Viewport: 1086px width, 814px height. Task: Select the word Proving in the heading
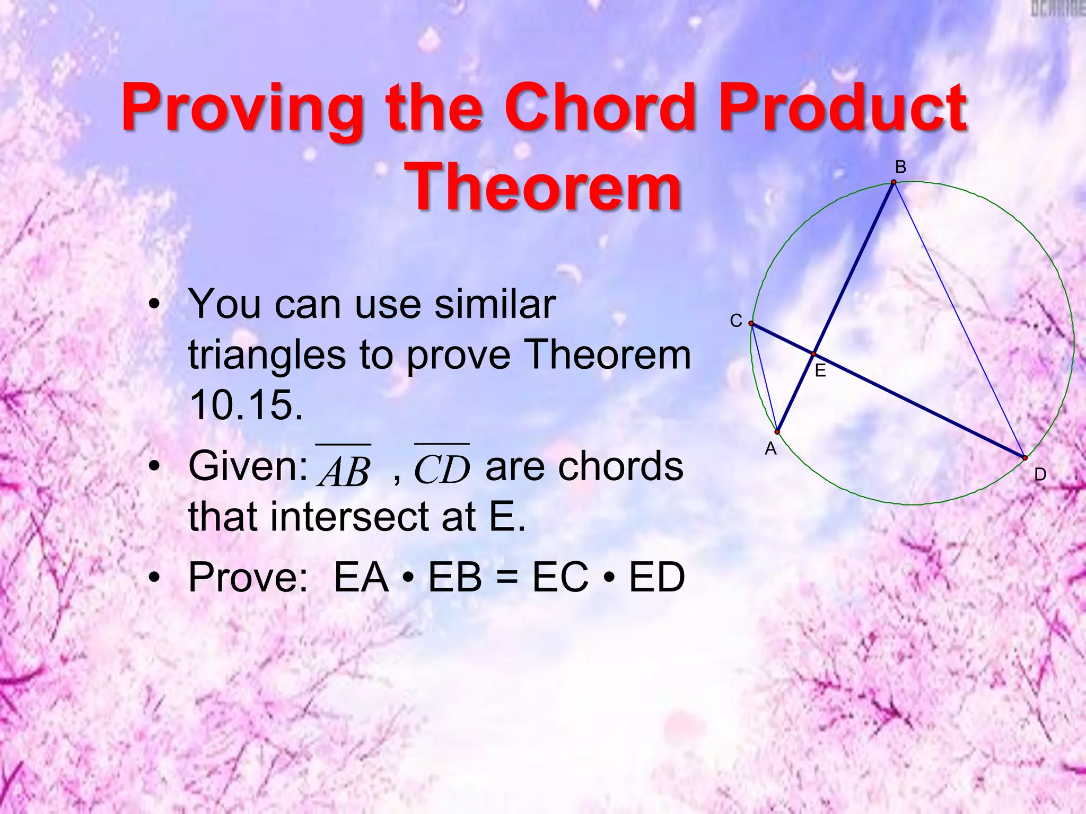[242, 109]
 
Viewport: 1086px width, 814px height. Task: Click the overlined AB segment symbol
[344, 467]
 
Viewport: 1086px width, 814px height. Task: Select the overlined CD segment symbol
[442, 467]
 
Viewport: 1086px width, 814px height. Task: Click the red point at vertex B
[894, 182]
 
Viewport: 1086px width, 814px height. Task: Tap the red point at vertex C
[751, 323]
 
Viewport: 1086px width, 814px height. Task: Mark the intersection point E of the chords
[813, 353]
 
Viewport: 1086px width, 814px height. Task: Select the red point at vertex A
[777, 432]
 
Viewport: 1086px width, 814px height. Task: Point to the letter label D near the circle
[1040, 475]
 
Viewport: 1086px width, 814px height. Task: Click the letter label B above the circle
[900, 167]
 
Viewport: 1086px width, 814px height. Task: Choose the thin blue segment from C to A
[764, 377]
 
